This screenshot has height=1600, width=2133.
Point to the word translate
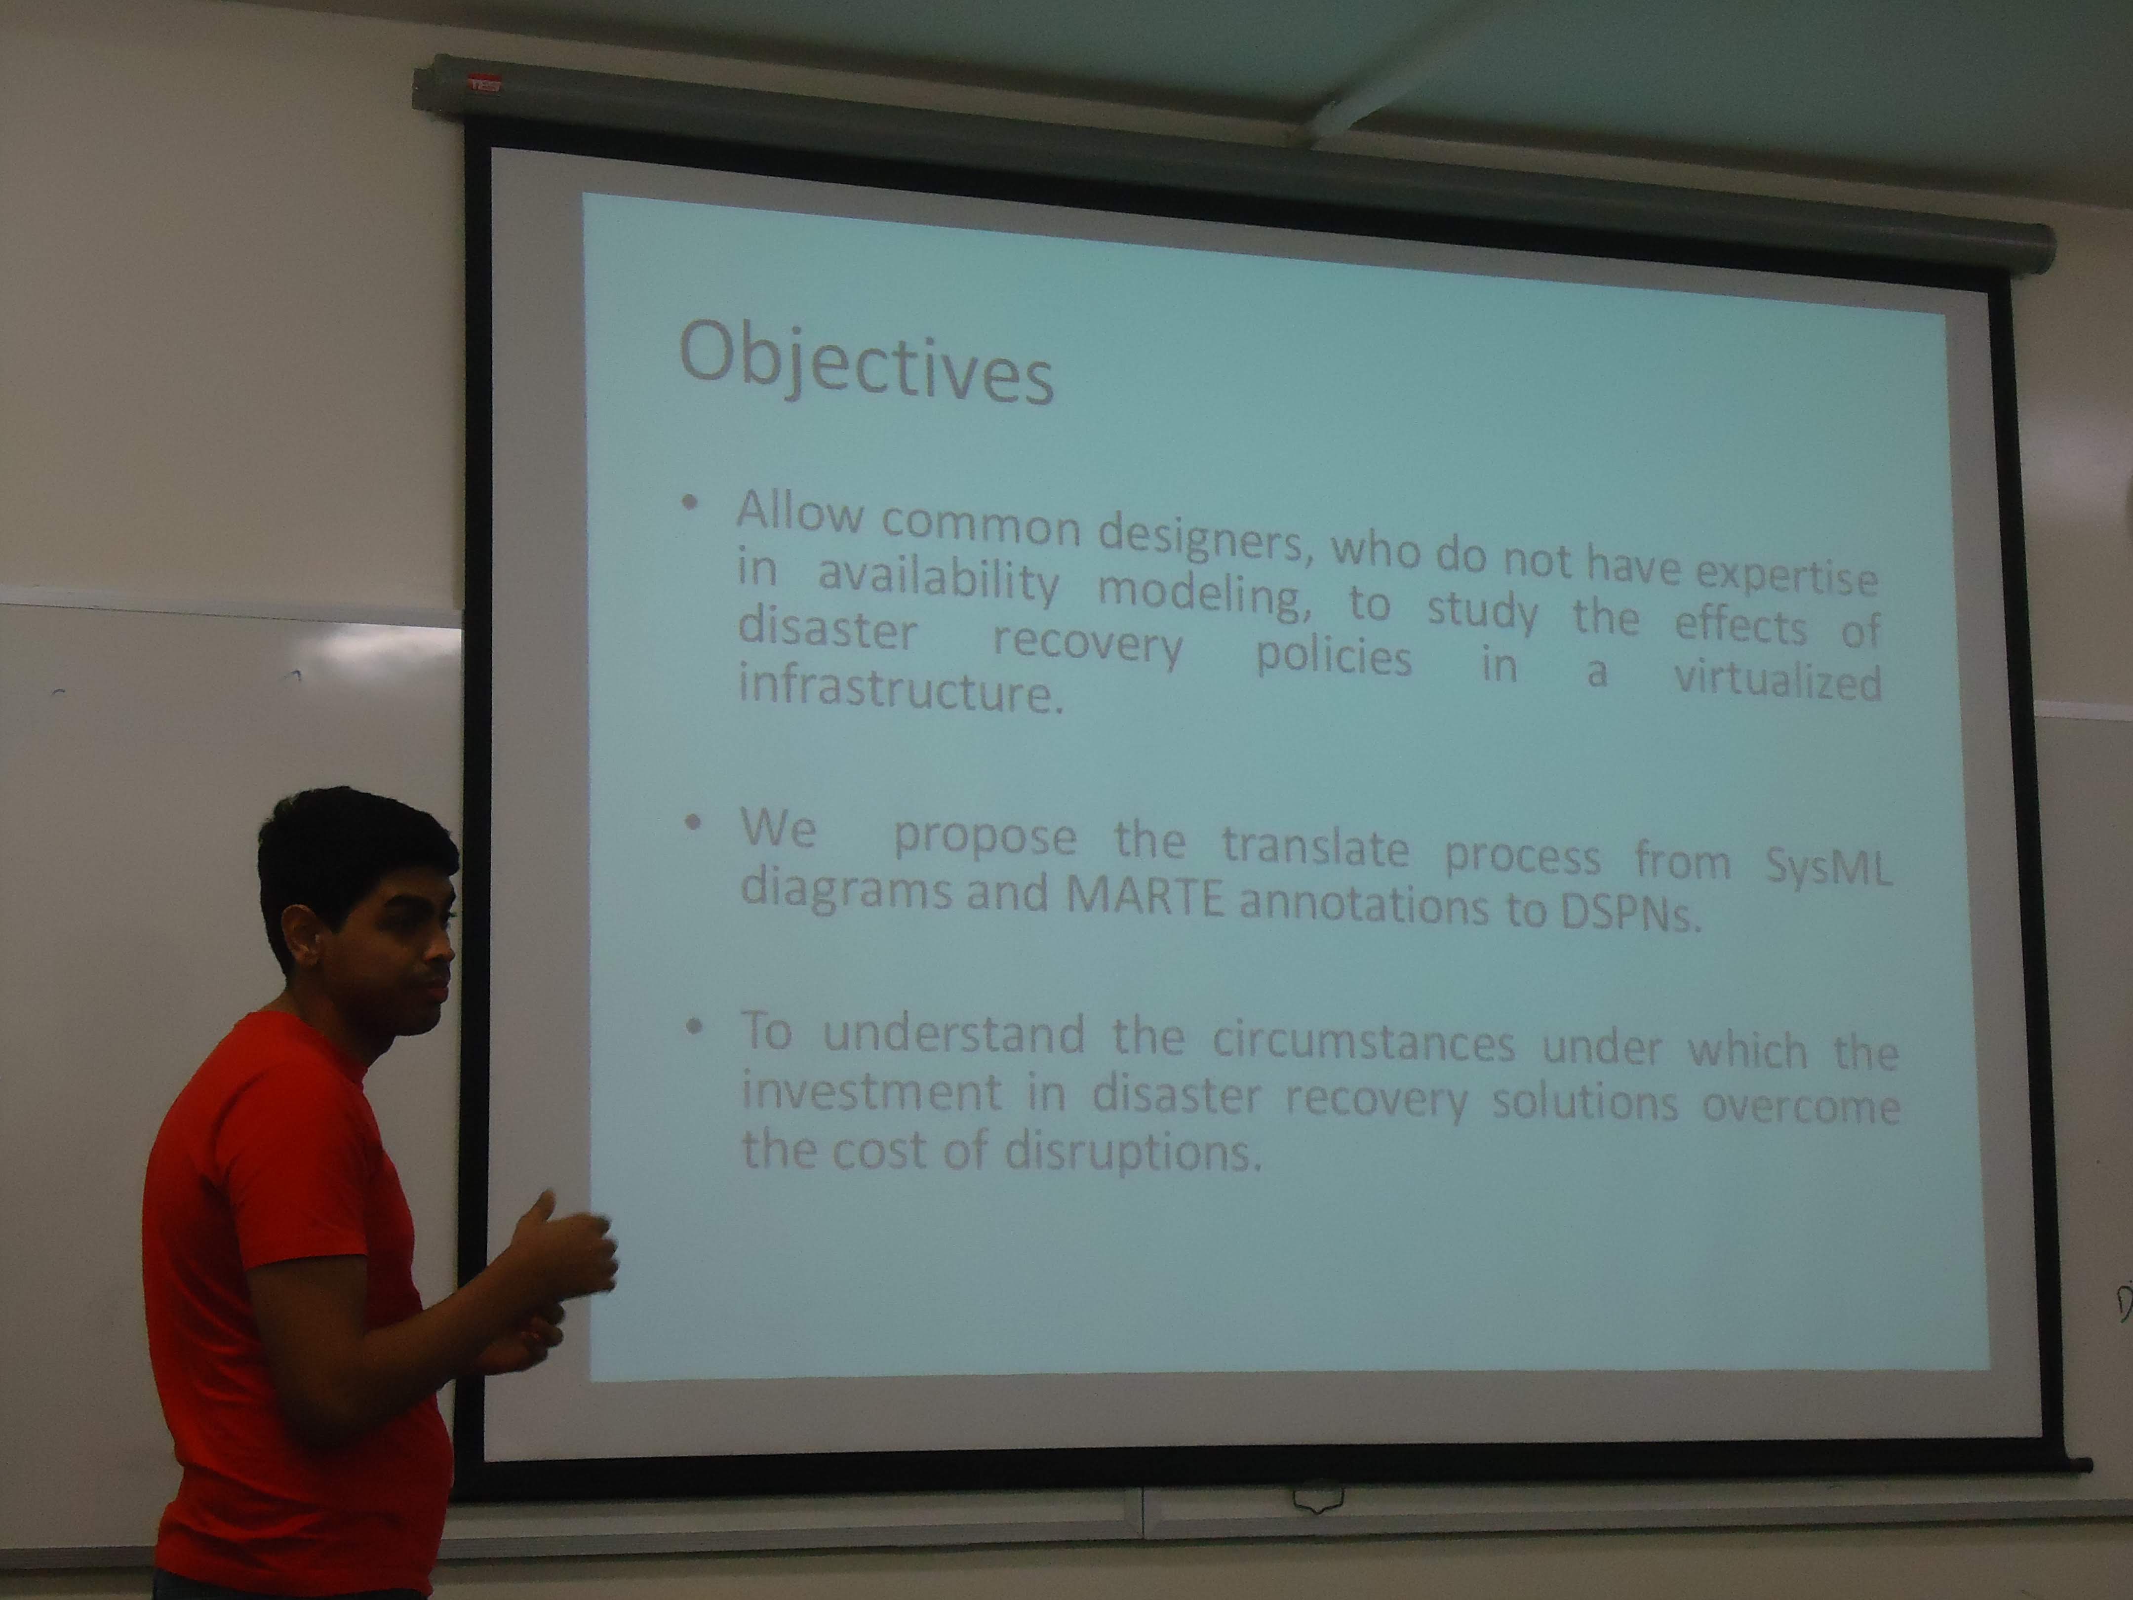coord(1315,846)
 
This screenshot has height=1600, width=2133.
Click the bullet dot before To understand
coord(692,1028)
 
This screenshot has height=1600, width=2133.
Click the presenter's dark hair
coord(347,849)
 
